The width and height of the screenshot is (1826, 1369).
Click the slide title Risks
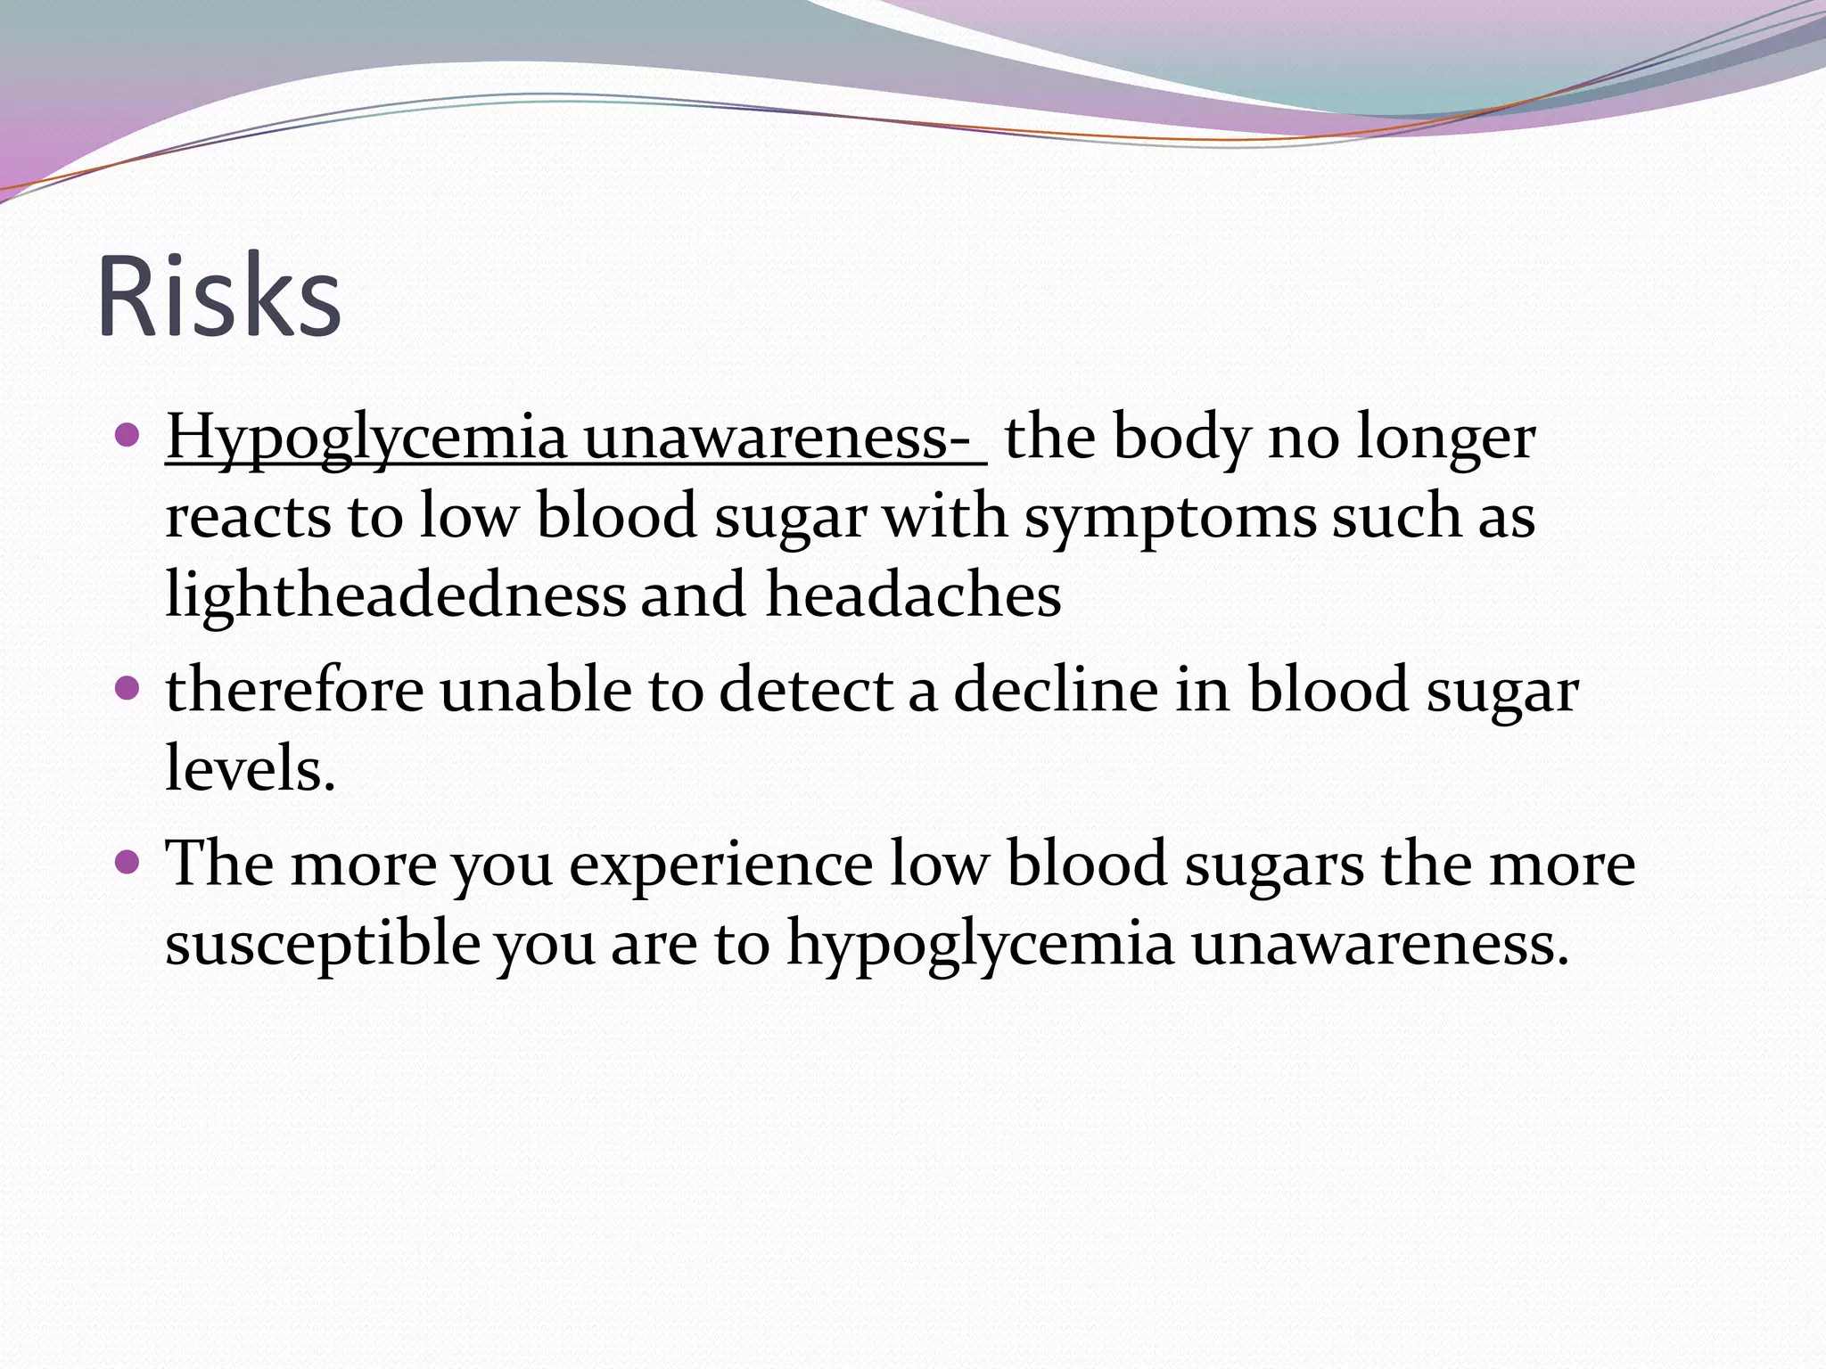pyautogui.click(x=218, y=296)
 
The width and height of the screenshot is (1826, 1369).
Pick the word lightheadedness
pyautogui.click(x=396, y=594)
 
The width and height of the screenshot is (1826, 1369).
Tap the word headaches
pyautogui.click(x=914, y=594)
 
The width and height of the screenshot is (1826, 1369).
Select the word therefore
pyautogui.click(x=294, y=690)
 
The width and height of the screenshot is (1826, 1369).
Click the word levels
pyautogui.click(x=250, y=768)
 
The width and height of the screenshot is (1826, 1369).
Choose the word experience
pyautogui.click(x=720, y=865)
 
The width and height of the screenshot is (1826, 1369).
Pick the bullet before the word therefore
pyautogui.click(x=128, y=688)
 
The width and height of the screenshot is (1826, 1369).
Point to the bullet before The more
pyautogui.click(x=128, y=862)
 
